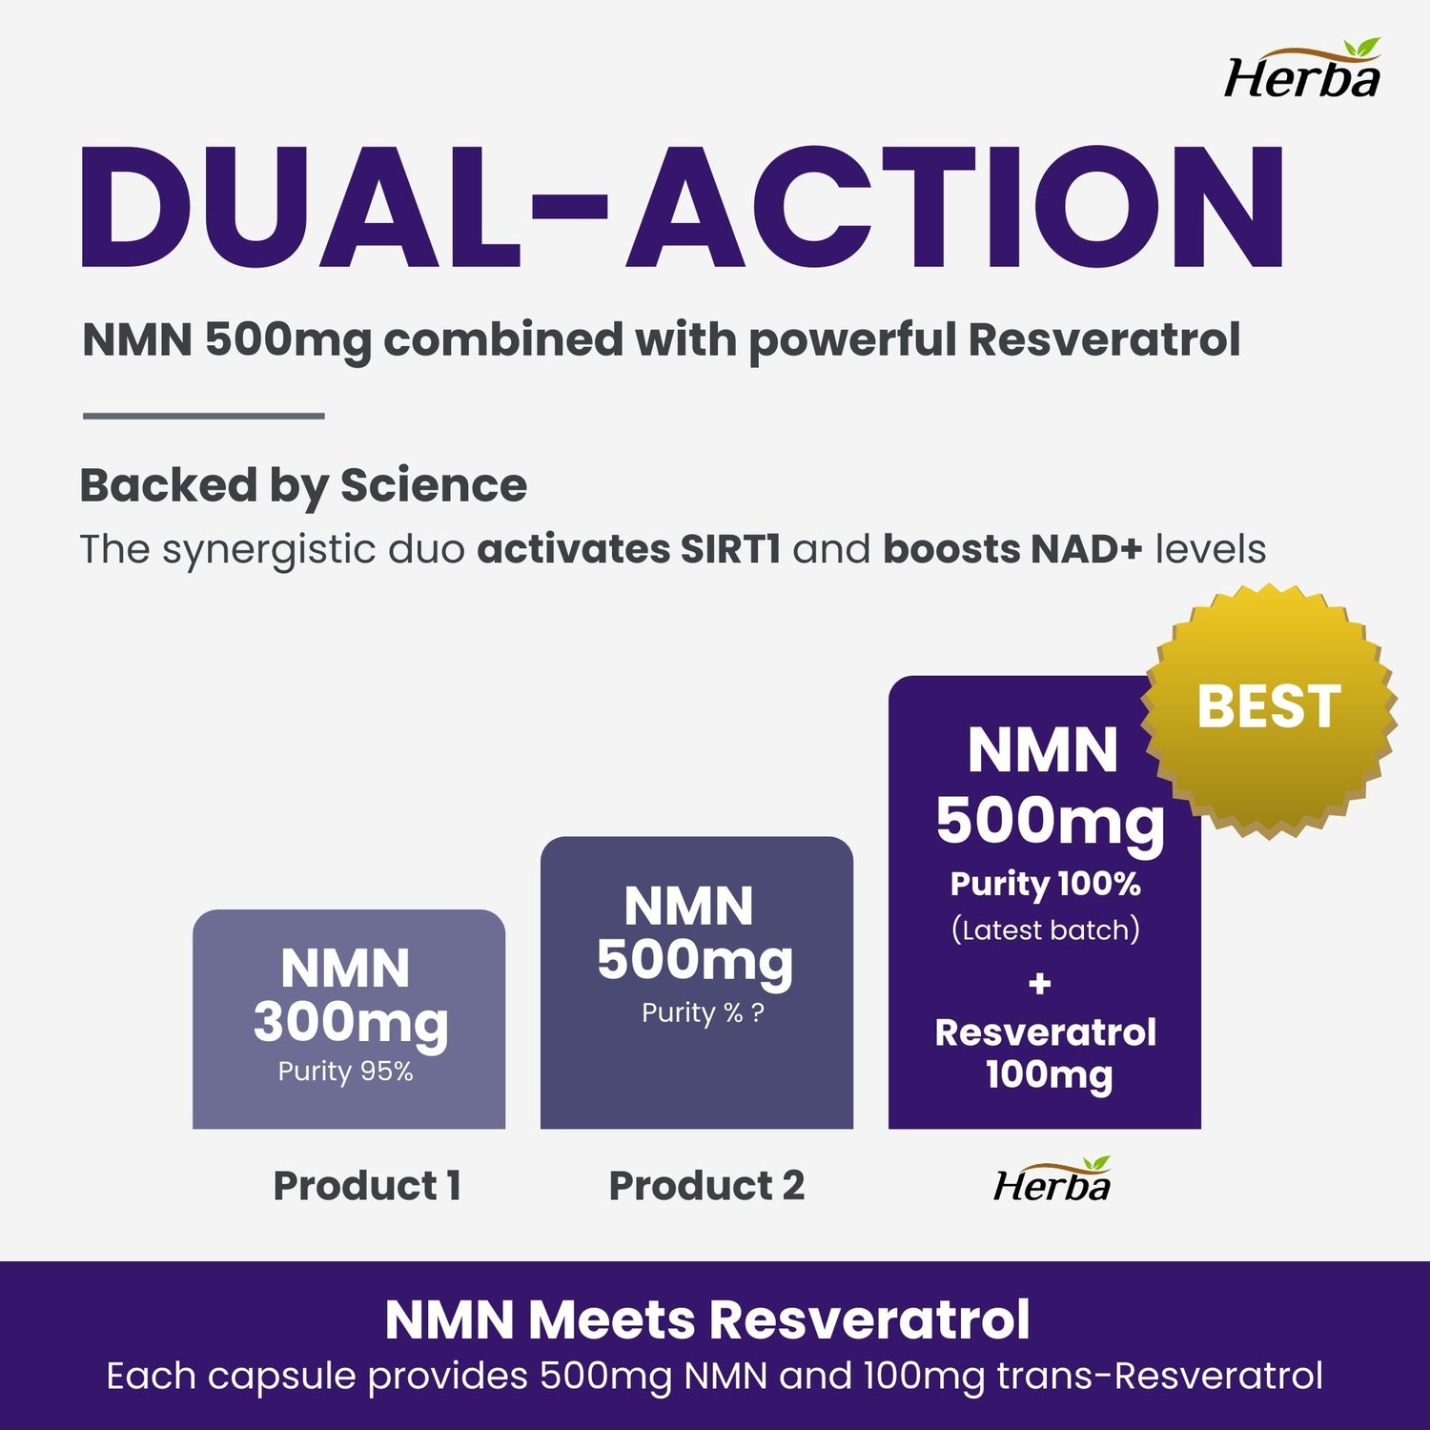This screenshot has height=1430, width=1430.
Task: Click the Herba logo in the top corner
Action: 1302,71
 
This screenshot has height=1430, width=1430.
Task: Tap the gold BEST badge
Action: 1268,710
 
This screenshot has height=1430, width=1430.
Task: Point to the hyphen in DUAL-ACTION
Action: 569,203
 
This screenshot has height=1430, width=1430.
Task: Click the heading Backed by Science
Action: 303,485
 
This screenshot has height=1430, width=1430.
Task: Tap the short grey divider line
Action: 204,416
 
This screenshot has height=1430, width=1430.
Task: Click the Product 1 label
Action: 367,1186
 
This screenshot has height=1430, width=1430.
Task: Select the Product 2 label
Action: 706,1186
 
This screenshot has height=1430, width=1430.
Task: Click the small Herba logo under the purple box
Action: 1052,1181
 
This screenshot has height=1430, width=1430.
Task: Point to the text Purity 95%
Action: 346,1072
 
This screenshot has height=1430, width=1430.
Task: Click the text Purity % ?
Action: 703,1013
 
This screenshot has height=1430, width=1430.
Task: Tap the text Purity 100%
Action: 1045,884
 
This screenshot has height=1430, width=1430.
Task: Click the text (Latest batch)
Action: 1045,929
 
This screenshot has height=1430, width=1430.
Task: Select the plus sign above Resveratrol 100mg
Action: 1040,983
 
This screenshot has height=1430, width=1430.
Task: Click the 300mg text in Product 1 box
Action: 351,1023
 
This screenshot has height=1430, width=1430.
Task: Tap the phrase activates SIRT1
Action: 629,550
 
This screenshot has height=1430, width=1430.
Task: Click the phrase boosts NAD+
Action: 1012,550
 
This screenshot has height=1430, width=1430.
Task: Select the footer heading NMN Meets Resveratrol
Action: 707,1320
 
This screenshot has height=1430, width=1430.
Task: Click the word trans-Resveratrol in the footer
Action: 1160,1377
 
